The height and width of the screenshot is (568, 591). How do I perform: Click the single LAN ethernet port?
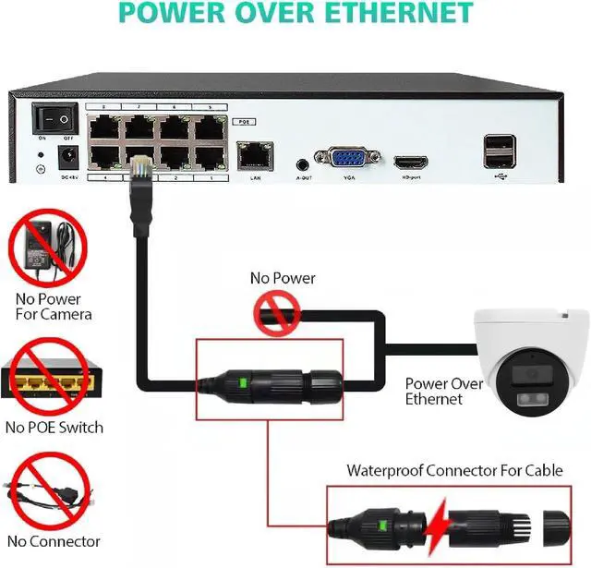[252, 154]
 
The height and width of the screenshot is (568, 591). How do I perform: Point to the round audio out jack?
[302, 163]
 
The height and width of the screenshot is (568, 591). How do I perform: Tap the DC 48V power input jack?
[66, 156]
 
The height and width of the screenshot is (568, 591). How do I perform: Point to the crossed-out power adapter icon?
[46, 247]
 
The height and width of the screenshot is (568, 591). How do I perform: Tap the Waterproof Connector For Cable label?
[454, 470]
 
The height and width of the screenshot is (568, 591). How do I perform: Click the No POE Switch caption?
[54, 428]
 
